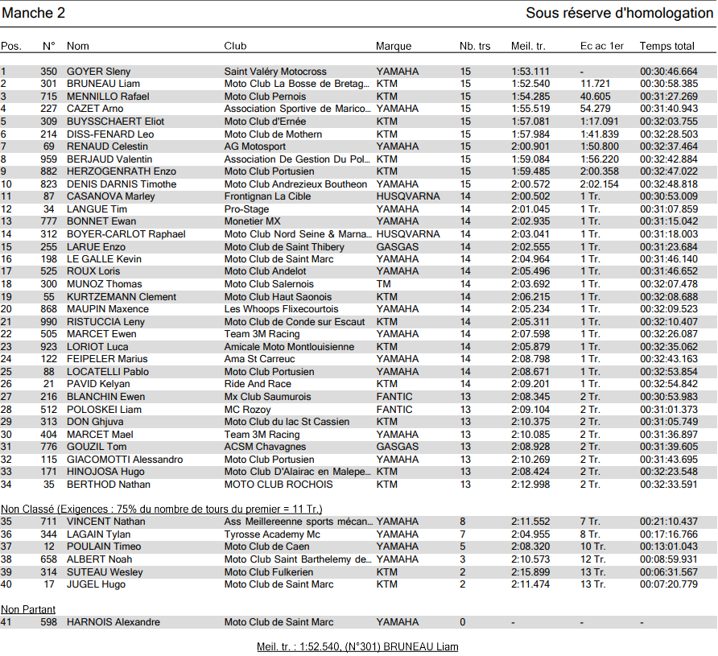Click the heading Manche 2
[34, 13]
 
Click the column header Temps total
[666, 46]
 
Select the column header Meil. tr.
[528, 46]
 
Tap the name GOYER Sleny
[98, 72]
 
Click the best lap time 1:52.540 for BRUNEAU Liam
[530, 84]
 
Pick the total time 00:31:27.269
[669, 97]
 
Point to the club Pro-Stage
[246, 209]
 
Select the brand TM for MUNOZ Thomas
[383, 284]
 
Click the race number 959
[48, 159]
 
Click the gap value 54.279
[595, 109]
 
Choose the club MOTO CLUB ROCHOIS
[279, 485]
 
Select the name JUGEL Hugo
[96, 584]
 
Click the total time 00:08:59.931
[669, 559]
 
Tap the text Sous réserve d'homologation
[619, 13]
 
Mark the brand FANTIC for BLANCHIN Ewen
[394, 397]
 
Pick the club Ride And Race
[257, 385]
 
